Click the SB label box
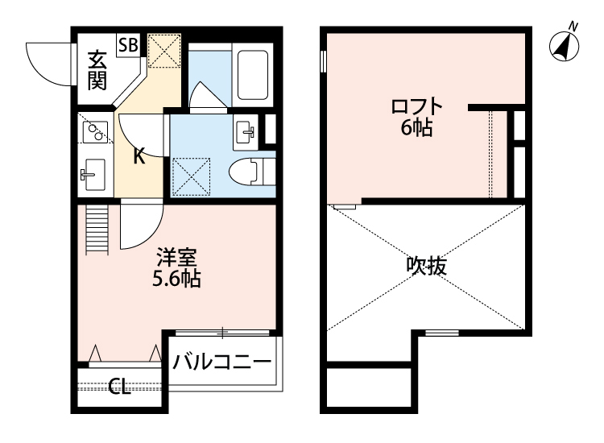pos(127,45)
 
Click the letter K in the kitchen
pos(139,155)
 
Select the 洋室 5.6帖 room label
pos(177,269)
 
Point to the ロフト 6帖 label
pos(416,116)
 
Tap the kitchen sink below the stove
pos(93,173)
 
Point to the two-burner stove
pos(94,131)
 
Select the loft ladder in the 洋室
pos(95,229)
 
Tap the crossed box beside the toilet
pos(192,176)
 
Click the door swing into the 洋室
pos(142,227)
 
